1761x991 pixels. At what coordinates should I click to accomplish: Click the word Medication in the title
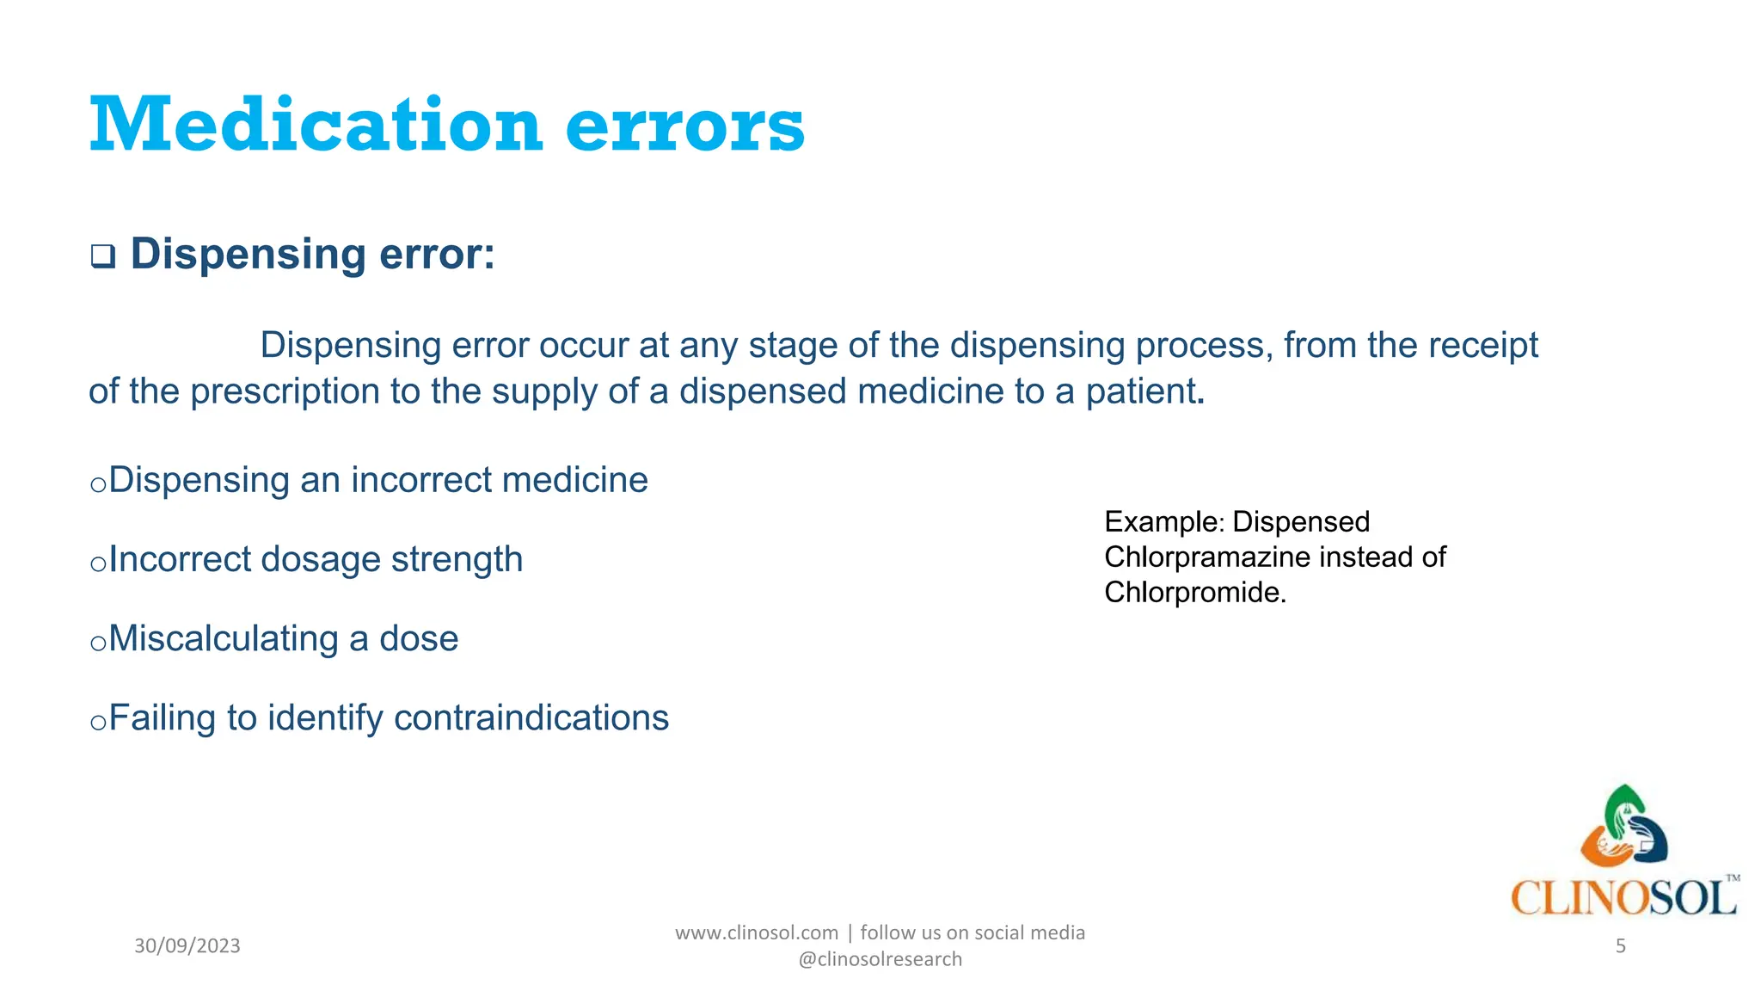click(x=316, y=126)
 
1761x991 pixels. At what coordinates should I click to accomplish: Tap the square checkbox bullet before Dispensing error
click(x=103, y=256)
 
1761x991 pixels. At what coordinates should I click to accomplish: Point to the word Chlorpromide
click(x=1193, y=593)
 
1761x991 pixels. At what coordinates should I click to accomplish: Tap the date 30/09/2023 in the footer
click(x=187, y=946)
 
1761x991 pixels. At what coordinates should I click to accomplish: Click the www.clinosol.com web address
click(x=756, y=933)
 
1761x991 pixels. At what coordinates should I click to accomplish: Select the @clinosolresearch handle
click(x=880, y=959)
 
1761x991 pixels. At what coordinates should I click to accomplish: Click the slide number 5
click(x=1620, y=946)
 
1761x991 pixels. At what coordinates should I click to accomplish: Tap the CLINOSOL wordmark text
click(x=1623, y=898)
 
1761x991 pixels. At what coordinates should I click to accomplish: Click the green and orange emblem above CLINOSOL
click(x=1623, y=827)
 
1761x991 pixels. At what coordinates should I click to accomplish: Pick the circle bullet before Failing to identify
click(x=97, y=722)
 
